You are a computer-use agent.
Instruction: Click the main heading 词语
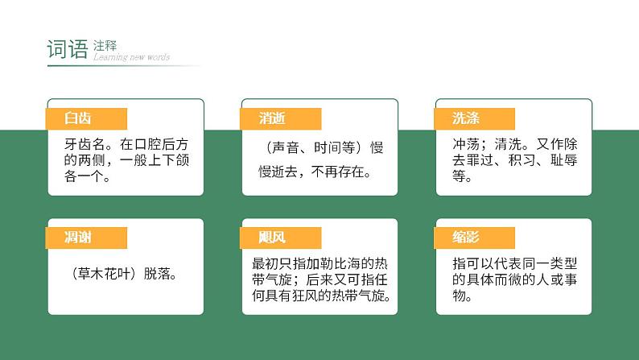[x=67, y=49]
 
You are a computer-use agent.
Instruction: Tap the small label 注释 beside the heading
[x=105, y=45]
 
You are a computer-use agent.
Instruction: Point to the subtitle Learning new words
[x=131, y=57]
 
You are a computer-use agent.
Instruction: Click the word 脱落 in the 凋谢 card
[x=160, y=273]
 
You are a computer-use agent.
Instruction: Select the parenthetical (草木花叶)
[x=105, y=273]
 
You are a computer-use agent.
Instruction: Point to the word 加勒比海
[x=322, y=263]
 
